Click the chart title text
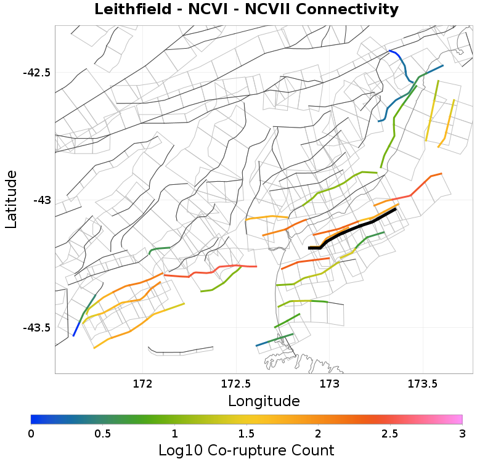(x=246, y=10)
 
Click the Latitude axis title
(x=11, y=200)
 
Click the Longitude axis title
(x=264, y=401)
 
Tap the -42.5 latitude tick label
(x=36, y=73)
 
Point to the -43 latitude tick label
(x=42, y=200)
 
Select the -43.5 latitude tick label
(x=36, y=327)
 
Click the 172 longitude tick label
(x=142, y=383)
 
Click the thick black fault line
(x=357, y=227)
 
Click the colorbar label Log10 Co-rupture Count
(x=246, y=449)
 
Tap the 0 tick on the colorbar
(x=31, y=433)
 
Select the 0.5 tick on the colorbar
(x=103, y=433)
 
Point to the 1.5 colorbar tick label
(x=246, y=433)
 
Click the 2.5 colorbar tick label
(x=390, y=433)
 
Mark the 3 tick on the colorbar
(x=462, y=433)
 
